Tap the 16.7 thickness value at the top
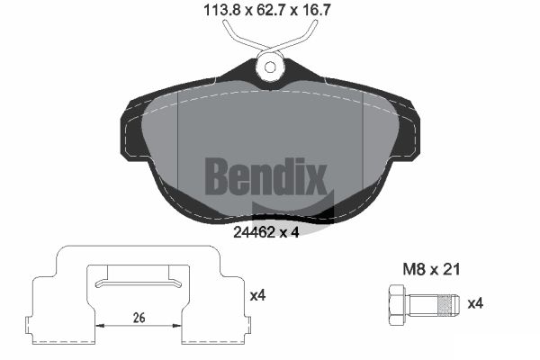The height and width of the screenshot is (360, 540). (316, 10)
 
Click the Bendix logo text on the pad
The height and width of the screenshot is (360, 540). (266, 176)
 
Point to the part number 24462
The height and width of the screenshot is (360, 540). (254, 232)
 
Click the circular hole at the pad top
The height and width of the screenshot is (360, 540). (270, 67)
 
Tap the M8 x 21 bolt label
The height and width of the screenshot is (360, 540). (431, 269)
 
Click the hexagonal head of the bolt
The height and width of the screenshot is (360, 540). (397, 305)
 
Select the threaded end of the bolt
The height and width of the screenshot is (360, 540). (447, 306)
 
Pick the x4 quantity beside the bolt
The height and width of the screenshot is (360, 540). (475, 303)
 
